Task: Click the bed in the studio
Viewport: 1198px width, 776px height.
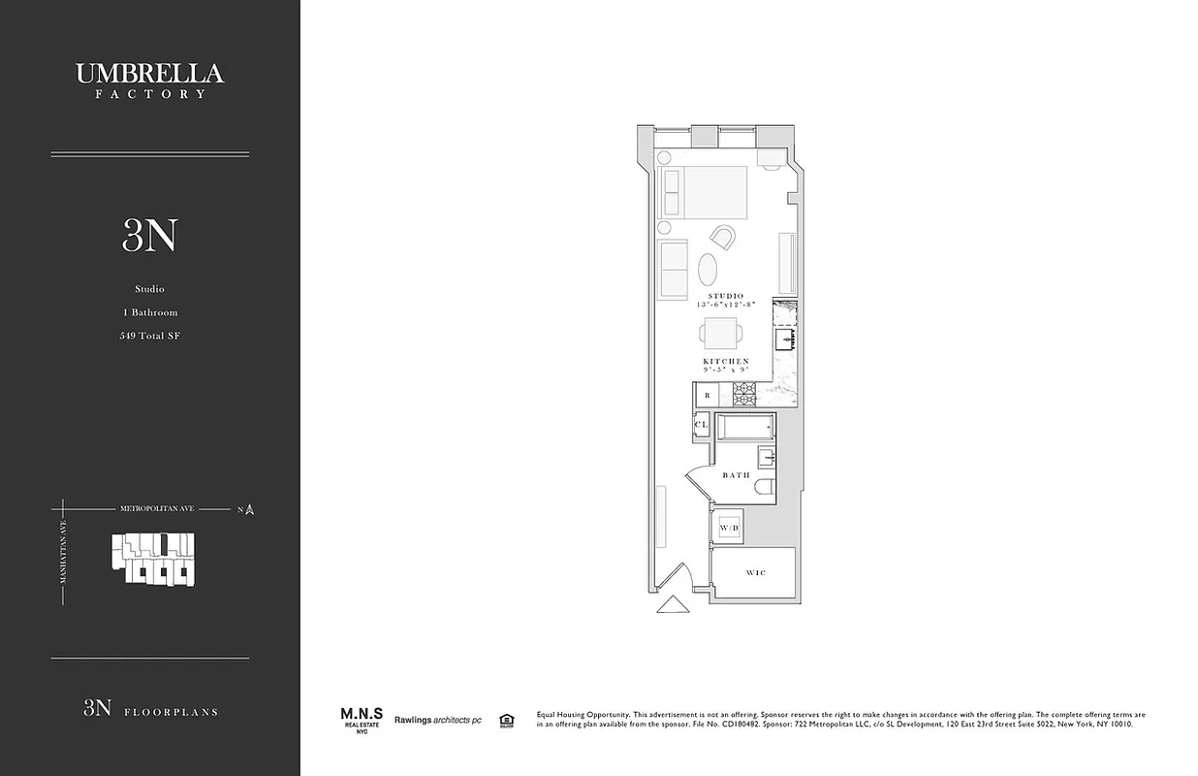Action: point(704,192)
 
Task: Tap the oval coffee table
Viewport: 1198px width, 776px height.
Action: point(709,267)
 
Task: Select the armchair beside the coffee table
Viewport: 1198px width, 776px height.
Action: point(723,236)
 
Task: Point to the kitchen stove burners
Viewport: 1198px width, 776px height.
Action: point(743,393)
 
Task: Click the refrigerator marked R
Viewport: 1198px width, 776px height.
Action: point(708,395)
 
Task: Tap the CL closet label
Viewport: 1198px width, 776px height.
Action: point(702,425)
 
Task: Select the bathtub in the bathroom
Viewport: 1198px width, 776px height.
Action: point(744,426)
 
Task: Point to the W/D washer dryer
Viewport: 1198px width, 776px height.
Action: point(729,527)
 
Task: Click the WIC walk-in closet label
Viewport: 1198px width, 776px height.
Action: point(756,573)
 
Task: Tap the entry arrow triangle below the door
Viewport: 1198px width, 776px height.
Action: point(670,604)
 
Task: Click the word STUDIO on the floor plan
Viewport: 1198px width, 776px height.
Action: point(725,296)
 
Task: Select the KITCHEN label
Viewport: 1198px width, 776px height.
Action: point(726,361)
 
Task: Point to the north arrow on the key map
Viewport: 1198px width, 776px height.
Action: point(249,509)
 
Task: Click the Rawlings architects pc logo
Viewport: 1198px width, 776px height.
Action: point(437,720)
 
